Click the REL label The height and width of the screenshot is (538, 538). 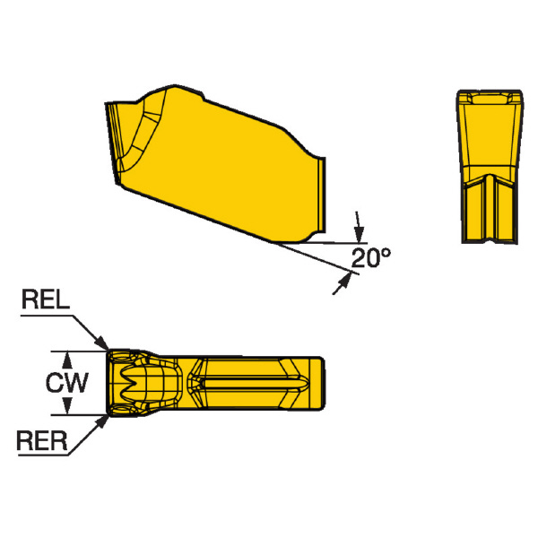(46, 299)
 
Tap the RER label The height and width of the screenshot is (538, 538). (42, 440)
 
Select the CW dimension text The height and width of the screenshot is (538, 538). (67, 382)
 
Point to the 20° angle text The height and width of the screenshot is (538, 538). (371, 257)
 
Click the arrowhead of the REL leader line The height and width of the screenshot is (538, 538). (102, 343)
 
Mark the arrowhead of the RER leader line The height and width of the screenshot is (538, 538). (101, 422)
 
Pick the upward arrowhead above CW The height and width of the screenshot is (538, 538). (67, 360)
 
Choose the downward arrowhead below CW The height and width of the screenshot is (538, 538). (67, 405)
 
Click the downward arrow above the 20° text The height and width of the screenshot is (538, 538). (358, 227)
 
